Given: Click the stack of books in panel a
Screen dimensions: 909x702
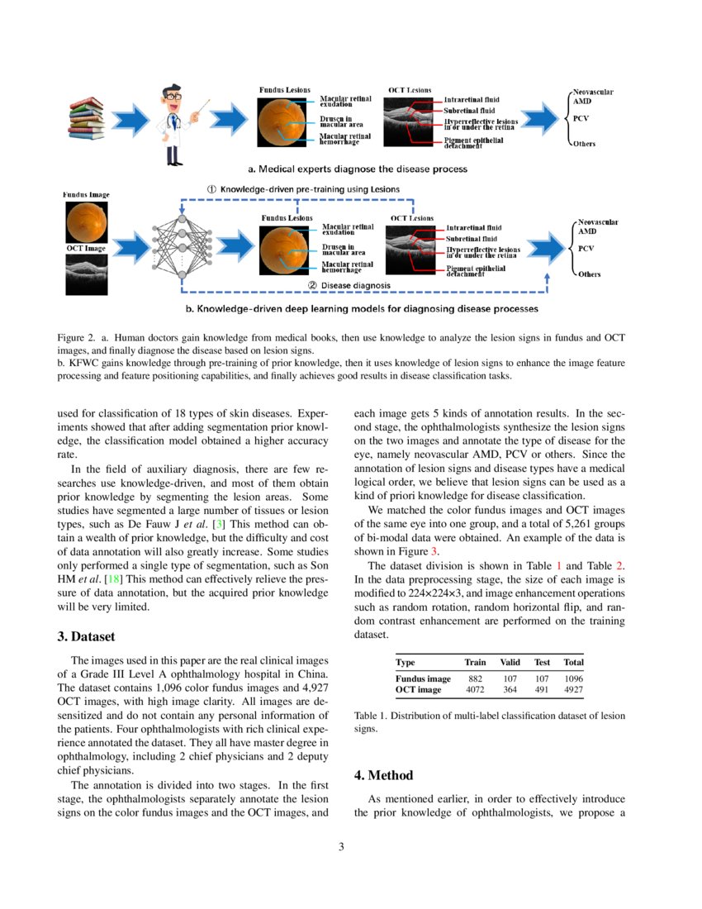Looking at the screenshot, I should (88, 121).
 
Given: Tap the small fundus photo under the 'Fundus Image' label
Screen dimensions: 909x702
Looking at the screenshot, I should (87, 221).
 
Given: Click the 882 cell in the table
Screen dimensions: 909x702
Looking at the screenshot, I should (475, 678).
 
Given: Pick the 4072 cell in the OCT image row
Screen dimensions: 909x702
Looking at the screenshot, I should (475, 689).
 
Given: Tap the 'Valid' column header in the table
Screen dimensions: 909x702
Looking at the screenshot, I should (510, 662).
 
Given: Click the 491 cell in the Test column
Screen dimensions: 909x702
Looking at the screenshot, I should (542, 689).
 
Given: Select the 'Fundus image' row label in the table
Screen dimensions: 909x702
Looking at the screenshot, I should (423, 678).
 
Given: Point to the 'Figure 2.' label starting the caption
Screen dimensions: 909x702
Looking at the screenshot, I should (77, 337).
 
